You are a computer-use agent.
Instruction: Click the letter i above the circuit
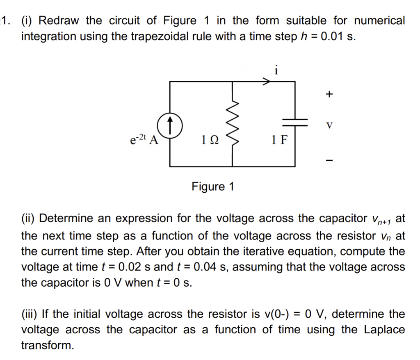point(276,71)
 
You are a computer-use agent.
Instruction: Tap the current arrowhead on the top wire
point(267,82)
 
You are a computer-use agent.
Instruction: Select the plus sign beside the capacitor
point(328,94)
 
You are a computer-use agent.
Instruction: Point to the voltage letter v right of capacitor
point(329,124)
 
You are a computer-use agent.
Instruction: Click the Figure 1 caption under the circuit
point(213,187)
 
